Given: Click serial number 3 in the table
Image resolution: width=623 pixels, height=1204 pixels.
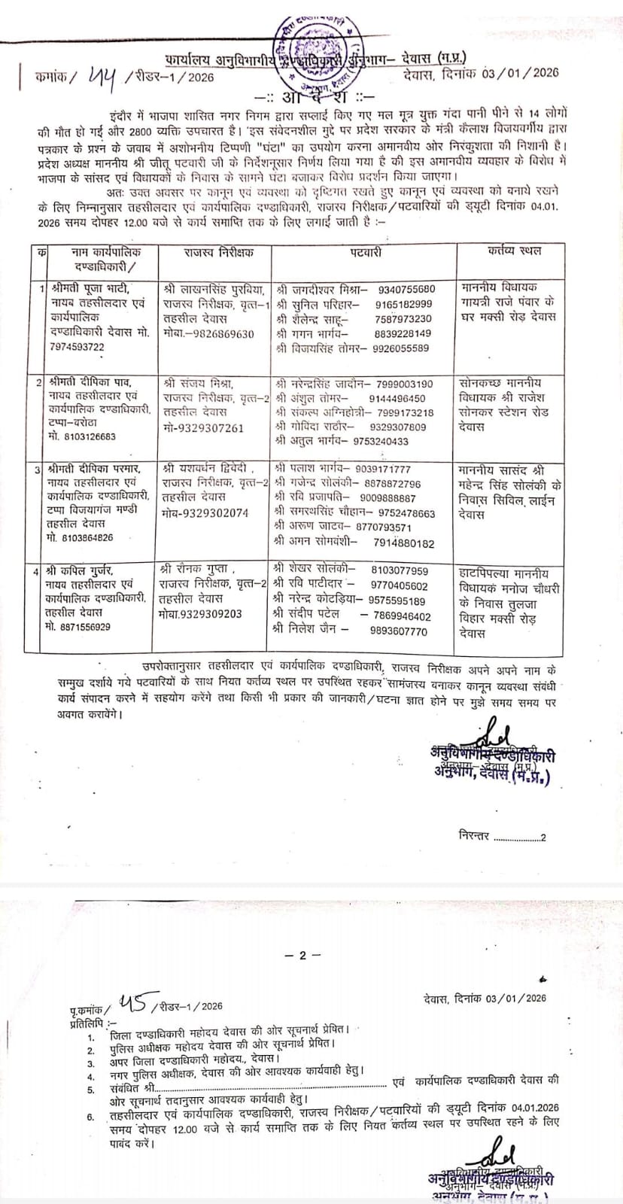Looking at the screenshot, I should point(38,469).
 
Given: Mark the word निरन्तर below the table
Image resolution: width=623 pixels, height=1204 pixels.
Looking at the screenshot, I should point(474,836).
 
